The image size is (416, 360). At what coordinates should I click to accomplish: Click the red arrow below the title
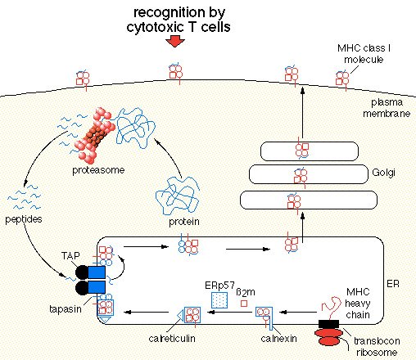click(x=175, y=42)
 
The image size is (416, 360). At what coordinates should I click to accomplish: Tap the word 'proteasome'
click(x=98, y=170)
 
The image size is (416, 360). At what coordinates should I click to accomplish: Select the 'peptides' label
click(x=24, y=219)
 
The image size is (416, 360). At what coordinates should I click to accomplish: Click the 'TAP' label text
click(x=70, y=256)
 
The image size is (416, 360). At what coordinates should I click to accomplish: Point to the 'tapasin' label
click(x=66, y=309)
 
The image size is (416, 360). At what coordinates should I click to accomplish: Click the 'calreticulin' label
click(x=172, y=339)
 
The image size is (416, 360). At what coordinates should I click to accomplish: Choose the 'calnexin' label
click(x=278, y=339)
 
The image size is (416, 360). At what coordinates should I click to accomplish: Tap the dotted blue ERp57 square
click(x=219, y=300)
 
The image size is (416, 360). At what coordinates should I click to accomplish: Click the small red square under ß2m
click(x=244, y=304)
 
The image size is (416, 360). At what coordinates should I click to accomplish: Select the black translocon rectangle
click(x=329, y=324)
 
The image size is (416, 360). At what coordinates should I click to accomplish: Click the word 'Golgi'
click(x=383, y=173)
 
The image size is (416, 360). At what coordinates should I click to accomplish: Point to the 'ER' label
click(x=393, y=284)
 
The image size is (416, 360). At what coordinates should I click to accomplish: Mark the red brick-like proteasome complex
click(x=95, y=133)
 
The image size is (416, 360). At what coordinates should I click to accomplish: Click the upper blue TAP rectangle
click(x=97, y=272)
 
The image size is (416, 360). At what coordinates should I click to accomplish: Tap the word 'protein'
click(x=184, y=222)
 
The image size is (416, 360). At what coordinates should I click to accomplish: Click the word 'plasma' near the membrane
click(x=387, y=103)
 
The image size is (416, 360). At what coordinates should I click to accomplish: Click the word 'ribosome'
click(x=377, y=353)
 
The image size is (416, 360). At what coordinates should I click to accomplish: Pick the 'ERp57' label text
click(x=219, y=286)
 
